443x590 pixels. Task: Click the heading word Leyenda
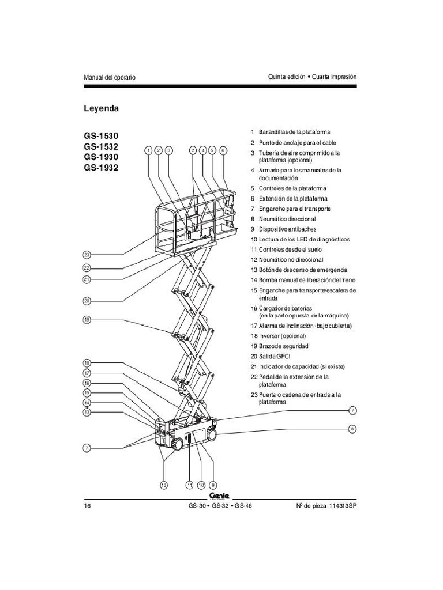coord(102,108)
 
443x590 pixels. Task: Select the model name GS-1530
coord(104,136)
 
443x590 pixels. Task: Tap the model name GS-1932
coord(104,168)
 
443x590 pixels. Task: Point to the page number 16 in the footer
coord(88,506)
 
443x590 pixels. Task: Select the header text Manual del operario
coord(110,77)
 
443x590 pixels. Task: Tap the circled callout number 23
coord(87,255)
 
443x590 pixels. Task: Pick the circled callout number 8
coord(352,429)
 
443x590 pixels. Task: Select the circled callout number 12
coord(163,485)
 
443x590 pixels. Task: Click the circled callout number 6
coord(223,150)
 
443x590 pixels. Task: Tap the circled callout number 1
coord(148,150)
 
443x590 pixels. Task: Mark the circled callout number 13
coord(87,413)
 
